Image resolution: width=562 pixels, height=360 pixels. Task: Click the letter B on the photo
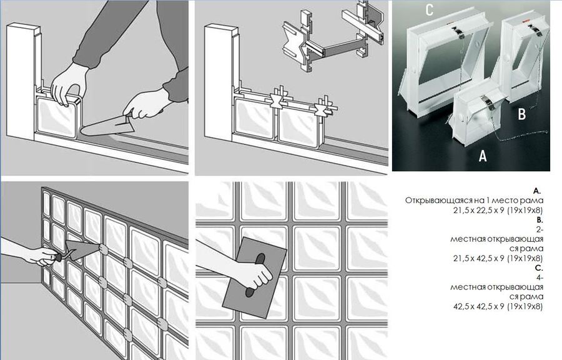521,114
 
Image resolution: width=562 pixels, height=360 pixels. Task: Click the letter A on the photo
482,156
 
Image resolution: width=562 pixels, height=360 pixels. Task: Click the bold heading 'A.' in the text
537,191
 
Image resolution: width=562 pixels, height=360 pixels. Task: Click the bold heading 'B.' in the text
538,221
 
